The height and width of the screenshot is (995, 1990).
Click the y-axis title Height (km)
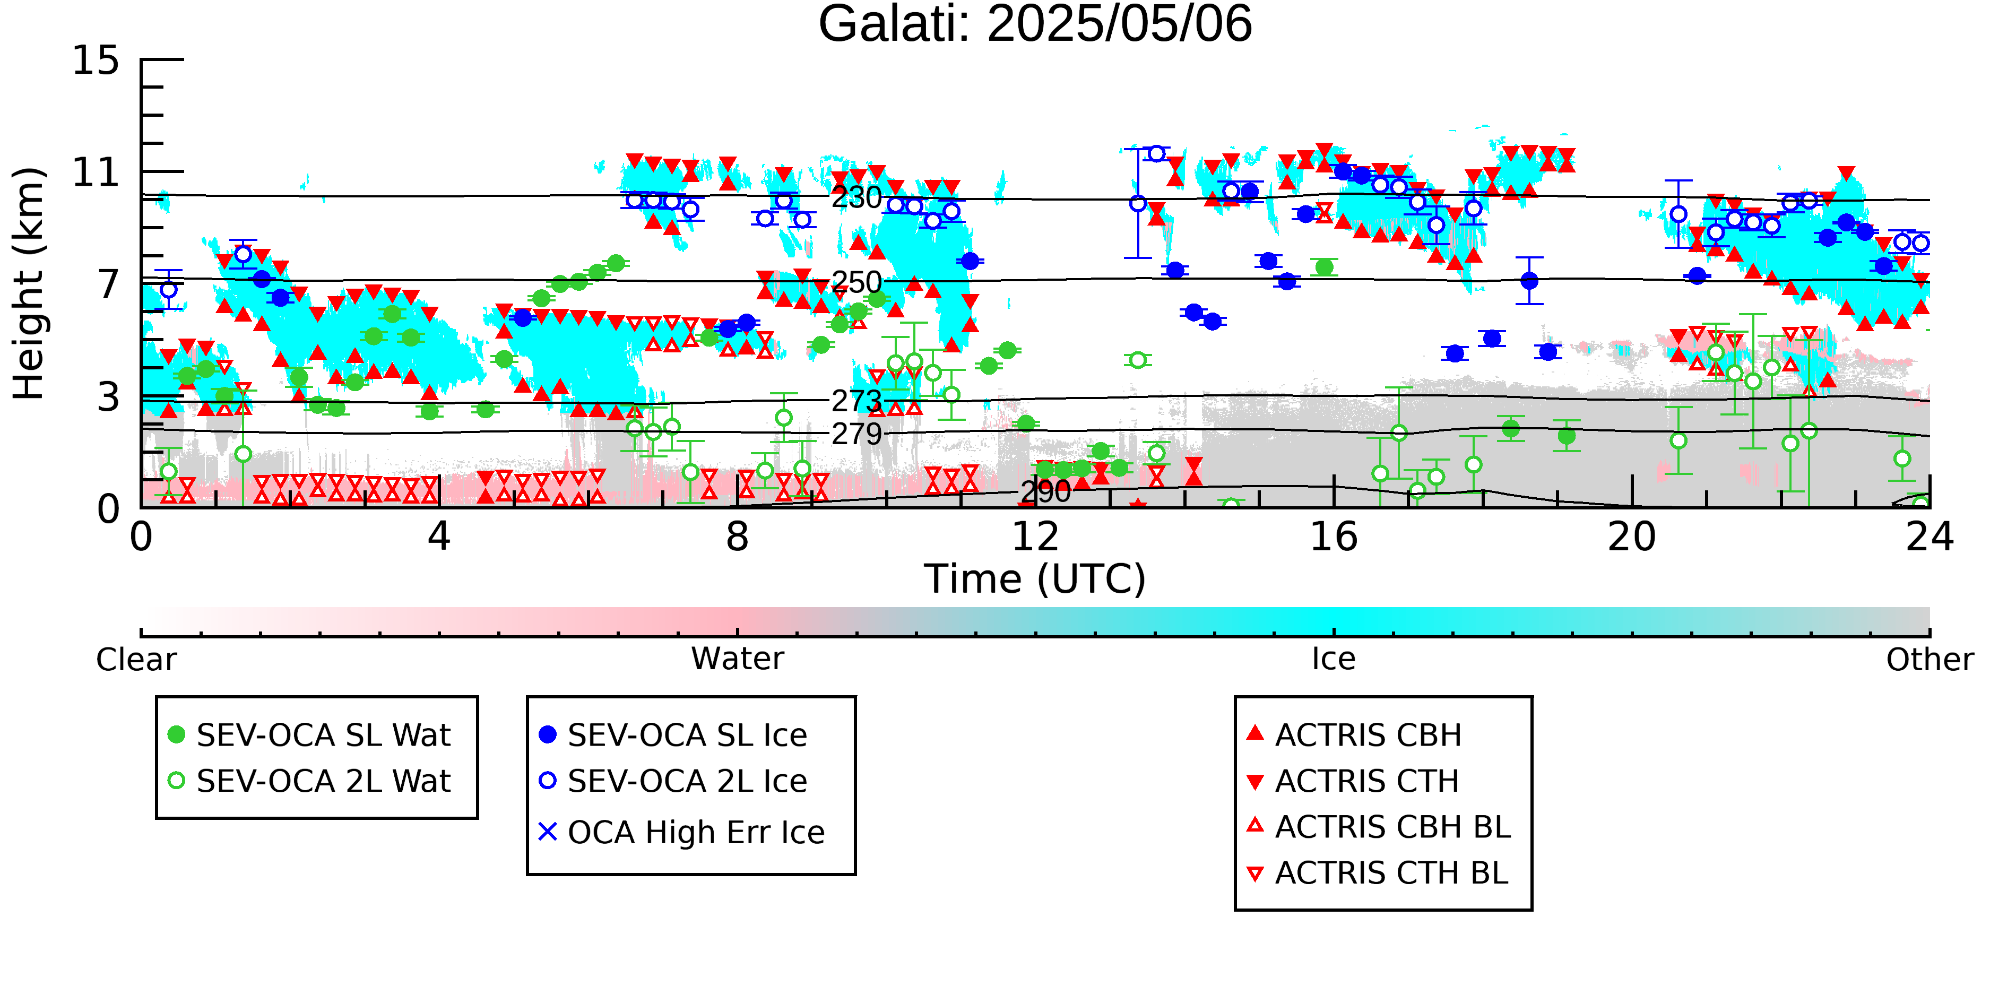(29, 283)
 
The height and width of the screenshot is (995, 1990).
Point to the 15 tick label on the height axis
(96, 60)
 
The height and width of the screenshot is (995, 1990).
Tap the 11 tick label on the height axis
(96, 172)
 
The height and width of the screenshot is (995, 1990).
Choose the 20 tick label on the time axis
(1632, 537)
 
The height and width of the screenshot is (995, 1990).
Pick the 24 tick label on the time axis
(1930, 537)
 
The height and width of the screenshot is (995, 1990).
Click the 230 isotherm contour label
(856, 198)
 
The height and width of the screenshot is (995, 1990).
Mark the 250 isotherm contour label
(856, 283)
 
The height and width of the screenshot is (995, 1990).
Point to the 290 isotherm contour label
(1046, 491)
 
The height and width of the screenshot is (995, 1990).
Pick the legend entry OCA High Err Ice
(681, 833)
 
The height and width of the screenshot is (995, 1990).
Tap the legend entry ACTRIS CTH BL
(1378, 873)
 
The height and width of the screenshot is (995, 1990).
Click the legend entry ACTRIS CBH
(1354, 734)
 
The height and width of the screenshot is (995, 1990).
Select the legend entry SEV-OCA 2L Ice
(673, 781)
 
